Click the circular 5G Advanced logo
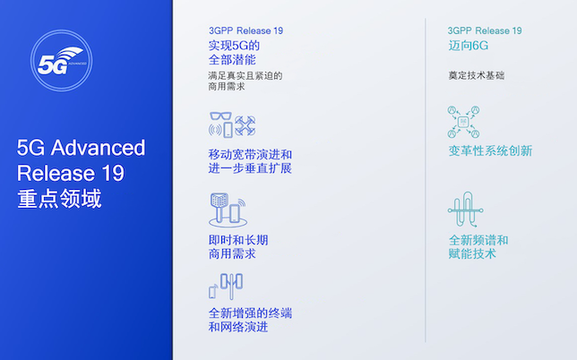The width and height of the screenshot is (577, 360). [x=62, y=63]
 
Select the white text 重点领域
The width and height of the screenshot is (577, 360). [x=59, y=198]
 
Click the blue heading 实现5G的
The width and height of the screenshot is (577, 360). [x=233, y=45]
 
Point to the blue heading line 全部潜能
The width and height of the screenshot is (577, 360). [x=233, y=60]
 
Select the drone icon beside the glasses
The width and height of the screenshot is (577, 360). [x=244, y=124]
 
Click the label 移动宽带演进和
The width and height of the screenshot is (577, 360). [x=250, y=153]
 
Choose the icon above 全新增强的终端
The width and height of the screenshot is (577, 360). [x=226, y=286]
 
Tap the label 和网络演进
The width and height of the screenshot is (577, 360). [x=237, y=327]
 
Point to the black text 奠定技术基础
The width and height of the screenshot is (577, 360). [x=477, y=75]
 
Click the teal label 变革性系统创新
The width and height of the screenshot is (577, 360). [x=490, y=150]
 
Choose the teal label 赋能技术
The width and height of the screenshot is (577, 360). [x=472, y=254]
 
